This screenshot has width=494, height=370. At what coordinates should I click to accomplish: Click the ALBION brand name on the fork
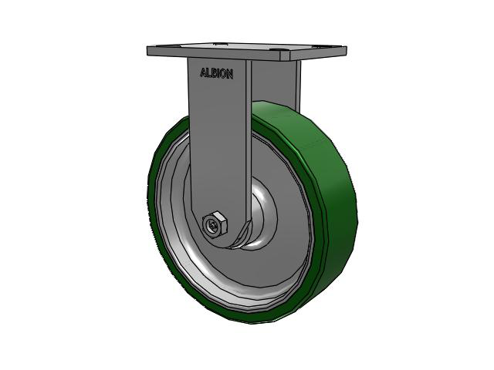pos(216,74)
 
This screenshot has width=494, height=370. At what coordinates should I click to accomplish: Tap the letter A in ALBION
pos(203,74)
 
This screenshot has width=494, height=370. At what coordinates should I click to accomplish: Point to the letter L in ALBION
pos(208,74)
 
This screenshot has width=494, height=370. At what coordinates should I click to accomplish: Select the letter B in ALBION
pos(214,74)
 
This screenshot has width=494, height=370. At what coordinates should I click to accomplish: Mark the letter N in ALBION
pos(229,74)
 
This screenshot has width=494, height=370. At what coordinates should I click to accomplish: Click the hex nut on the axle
pos(213,224)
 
